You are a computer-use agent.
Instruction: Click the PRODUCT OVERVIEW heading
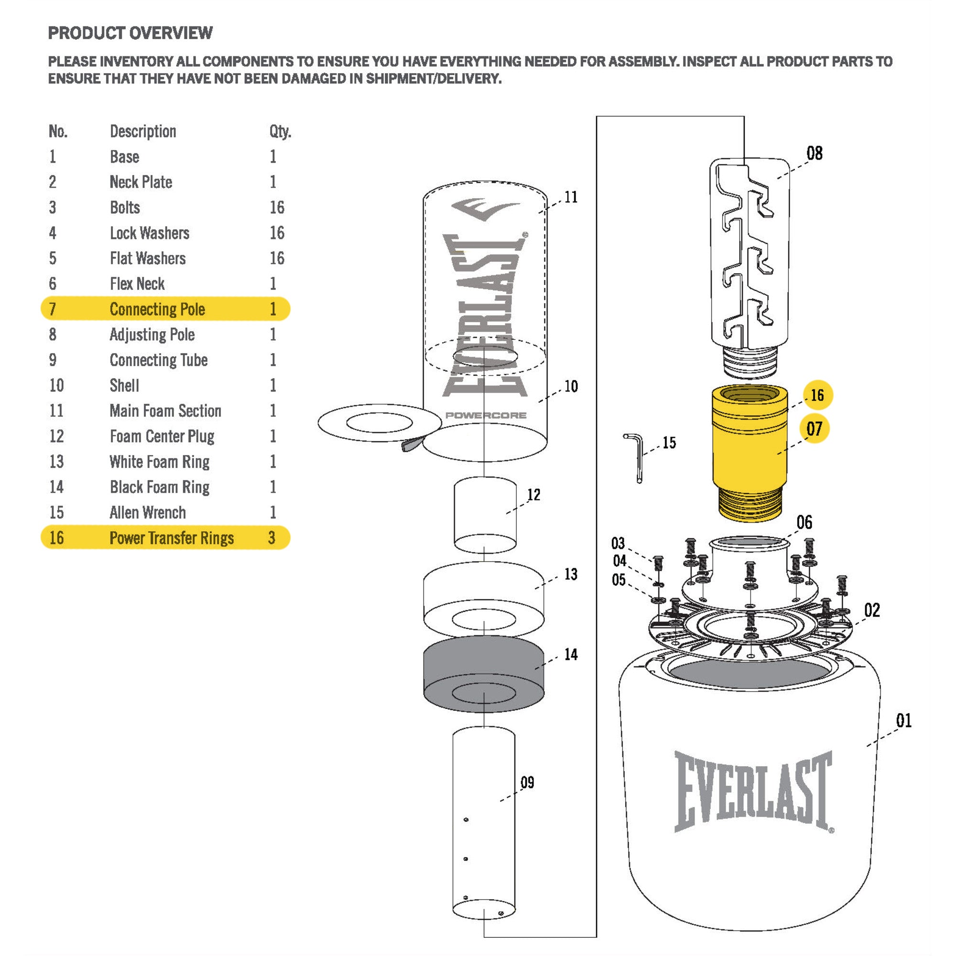tap(130, 33)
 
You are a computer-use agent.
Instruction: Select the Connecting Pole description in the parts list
tap(157, 309)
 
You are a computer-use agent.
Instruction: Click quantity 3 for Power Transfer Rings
tap(272, 538)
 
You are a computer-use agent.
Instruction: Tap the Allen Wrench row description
tap(147, 512)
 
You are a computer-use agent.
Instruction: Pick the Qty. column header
tap(280, 131)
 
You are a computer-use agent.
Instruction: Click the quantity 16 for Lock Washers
tap(277, 233)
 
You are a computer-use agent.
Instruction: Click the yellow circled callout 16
tap(817, 395)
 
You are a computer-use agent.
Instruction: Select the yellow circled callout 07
tap(814, 428)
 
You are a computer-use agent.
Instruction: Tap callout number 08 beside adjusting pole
tap(815, 153)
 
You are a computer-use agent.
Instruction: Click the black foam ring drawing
tap(483, 673)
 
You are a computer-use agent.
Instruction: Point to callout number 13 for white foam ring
tap(571, 575)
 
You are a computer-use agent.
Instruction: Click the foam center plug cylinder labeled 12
tap(485, 515)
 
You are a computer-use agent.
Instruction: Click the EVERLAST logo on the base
tap(753, 791)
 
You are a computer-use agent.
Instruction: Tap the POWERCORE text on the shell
tap(486, 415)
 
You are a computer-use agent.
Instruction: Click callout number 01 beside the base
tap(903, 720)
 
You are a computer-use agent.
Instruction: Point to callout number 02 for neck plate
tap(872, 610)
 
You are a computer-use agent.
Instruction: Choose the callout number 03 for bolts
tap(618, 543)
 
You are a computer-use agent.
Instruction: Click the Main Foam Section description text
tap(165, 411)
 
